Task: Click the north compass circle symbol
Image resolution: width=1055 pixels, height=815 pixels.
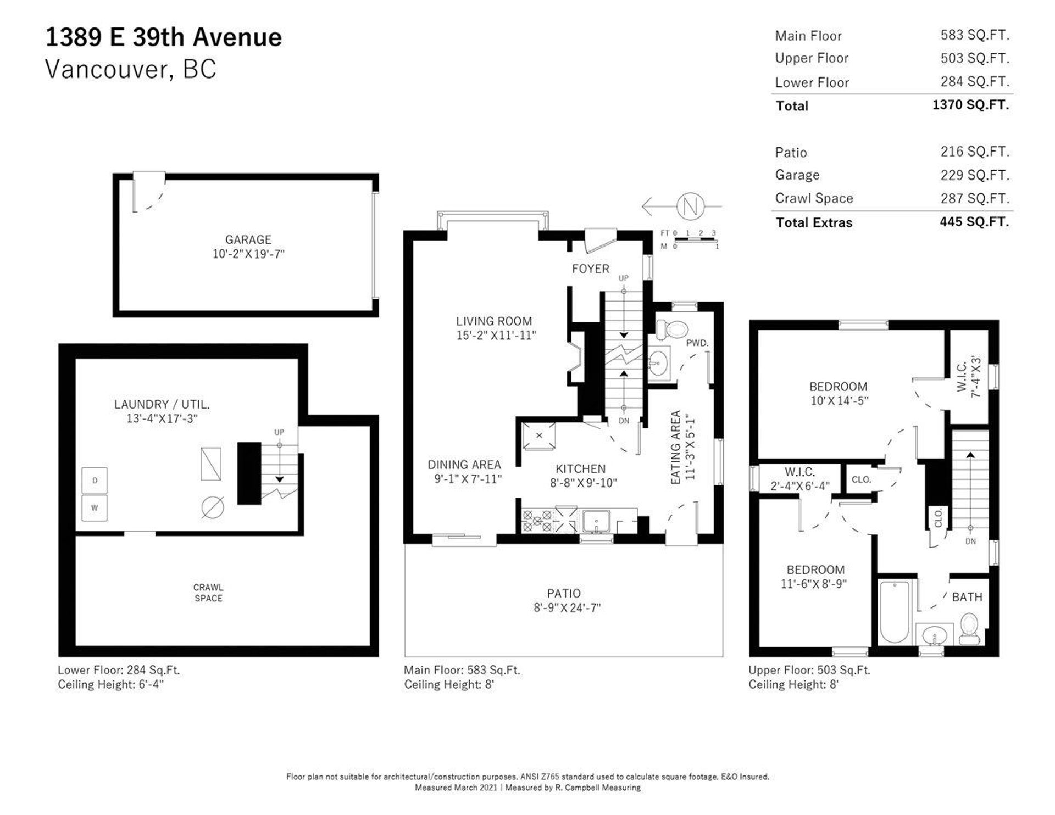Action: [690, 206]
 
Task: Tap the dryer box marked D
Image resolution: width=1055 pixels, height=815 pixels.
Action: [95, 481]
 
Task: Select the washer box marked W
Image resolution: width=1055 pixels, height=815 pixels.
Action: [95, 508]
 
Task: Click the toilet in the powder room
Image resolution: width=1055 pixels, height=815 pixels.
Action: [672, 330]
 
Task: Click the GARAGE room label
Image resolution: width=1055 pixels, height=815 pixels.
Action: [248, 239]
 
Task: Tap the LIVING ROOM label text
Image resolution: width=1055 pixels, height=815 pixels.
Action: [494, 321]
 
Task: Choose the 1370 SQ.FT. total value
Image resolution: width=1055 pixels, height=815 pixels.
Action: [971, 105]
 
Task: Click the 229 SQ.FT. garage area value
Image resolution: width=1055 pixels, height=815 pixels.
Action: [975, 175]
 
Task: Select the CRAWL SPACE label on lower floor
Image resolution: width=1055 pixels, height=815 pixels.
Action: [208, 593]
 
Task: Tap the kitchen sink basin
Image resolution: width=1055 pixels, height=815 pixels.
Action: [596, 521]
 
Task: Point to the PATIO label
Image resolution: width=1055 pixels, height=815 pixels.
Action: [564, 594]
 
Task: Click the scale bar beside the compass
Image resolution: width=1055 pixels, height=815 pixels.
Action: [696, 240]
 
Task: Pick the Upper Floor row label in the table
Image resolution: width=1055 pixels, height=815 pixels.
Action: [812, 58]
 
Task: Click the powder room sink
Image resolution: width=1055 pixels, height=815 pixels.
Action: [659, 362]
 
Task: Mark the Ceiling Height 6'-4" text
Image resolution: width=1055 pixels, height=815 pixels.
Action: [111, 685]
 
